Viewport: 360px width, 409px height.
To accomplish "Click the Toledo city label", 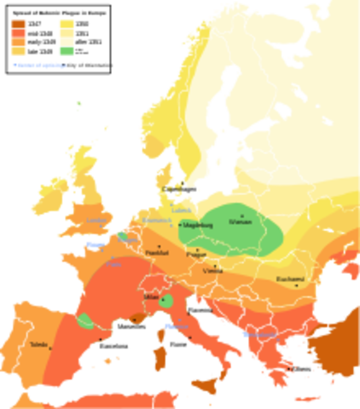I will click(x=38, y=344).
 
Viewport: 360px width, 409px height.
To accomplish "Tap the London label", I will click(x=96, y=221).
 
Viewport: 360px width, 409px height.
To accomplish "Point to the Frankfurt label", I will click(x=157, y=252).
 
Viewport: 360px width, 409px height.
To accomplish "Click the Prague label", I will click(x=195, y=254).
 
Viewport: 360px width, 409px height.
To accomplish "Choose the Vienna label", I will click(x=213, y=272).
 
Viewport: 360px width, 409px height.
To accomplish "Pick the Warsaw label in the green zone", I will click(x=241, y=222).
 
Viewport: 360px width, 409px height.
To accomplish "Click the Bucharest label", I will click(x=289, y=279).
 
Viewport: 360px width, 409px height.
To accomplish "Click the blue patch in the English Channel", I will click(x=96, y=244).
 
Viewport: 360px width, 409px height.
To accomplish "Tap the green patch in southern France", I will click(x=86, y=321).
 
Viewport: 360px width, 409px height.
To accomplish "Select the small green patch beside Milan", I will click(x=167, y=301).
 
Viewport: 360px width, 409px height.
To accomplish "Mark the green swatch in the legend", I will click(x=66, y=51).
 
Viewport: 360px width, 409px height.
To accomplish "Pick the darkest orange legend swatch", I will click(x=18, y=21).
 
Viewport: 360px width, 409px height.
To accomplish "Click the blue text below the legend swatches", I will click(x=38, y=64).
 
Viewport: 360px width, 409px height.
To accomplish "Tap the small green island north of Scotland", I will click(x=78, y=105).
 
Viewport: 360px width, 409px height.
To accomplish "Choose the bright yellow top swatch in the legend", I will click(x=66, y=22).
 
